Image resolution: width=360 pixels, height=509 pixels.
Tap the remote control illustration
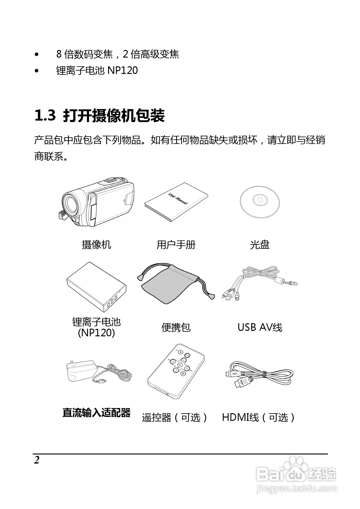coord(176,371)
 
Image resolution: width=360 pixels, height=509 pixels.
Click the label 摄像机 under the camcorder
coord(96,245)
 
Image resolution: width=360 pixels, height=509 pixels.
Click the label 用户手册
coord(176,245)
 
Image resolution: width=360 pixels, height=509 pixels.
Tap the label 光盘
coord(260,245)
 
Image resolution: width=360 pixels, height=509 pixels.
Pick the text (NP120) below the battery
coord(96,333)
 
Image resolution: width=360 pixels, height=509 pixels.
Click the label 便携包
coord(176,327)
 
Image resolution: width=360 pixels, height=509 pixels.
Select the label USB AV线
coord(260,327)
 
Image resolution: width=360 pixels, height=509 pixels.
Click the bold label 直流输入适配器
coord(96,413)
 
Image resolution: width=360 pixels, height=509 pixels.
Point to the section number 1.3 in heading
coord(45,116)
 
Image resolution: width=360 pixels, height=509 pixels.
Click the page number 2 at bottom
coord(37,460)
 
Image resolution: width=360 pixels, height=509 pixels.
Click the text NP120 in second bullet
coord(122,70)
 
